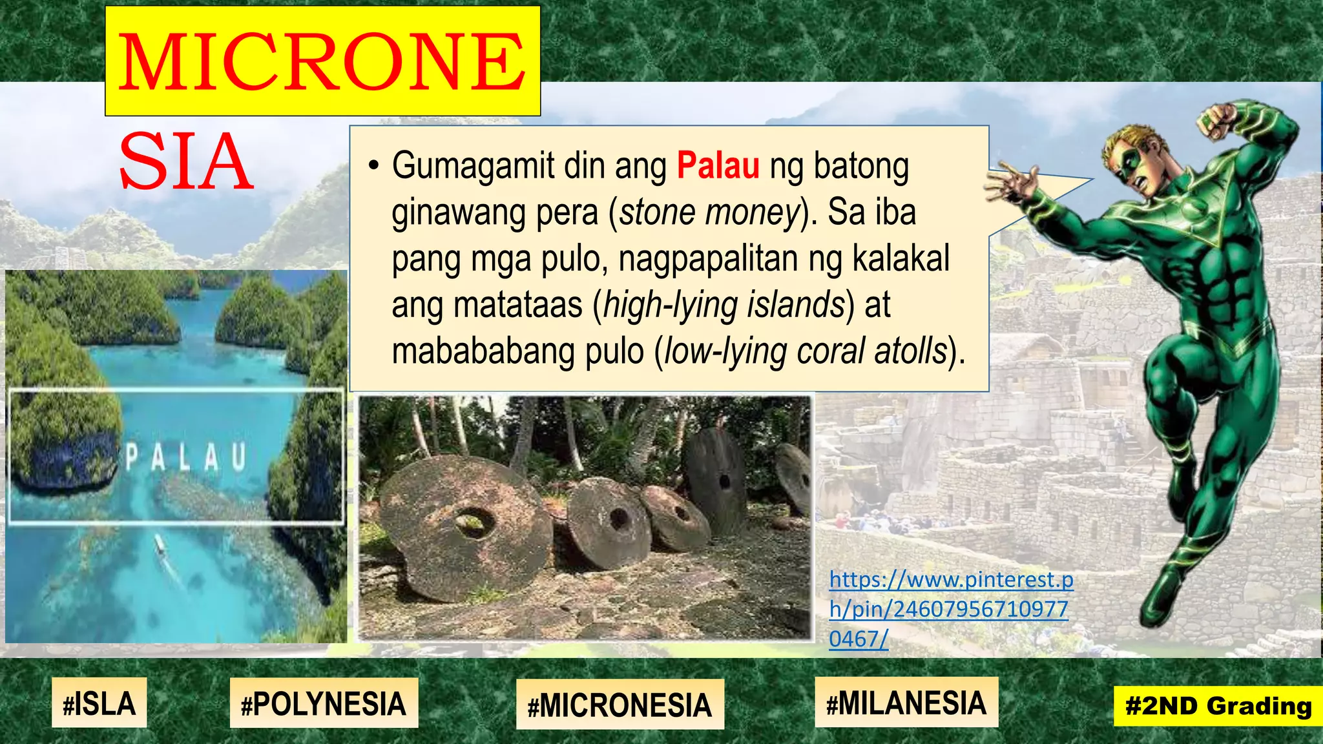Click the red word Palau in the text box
[718, 166]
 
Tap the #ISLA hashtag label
[99, 703]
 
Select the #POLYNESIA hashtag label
[324, 704]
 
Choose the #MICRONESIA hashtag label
[620, 705]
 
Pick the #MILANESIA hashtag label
[906, 703]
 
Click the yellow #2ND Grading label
[1218, 706]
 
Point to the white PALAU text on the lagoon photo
[185, 457]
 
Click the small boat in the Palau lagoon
[160, 546]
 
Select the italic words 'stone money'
[710, 212]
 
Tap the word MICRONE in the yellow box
[322, 62]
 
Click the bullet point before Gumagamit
[373, 166]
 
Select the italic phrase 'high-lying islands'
[724, 305]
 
